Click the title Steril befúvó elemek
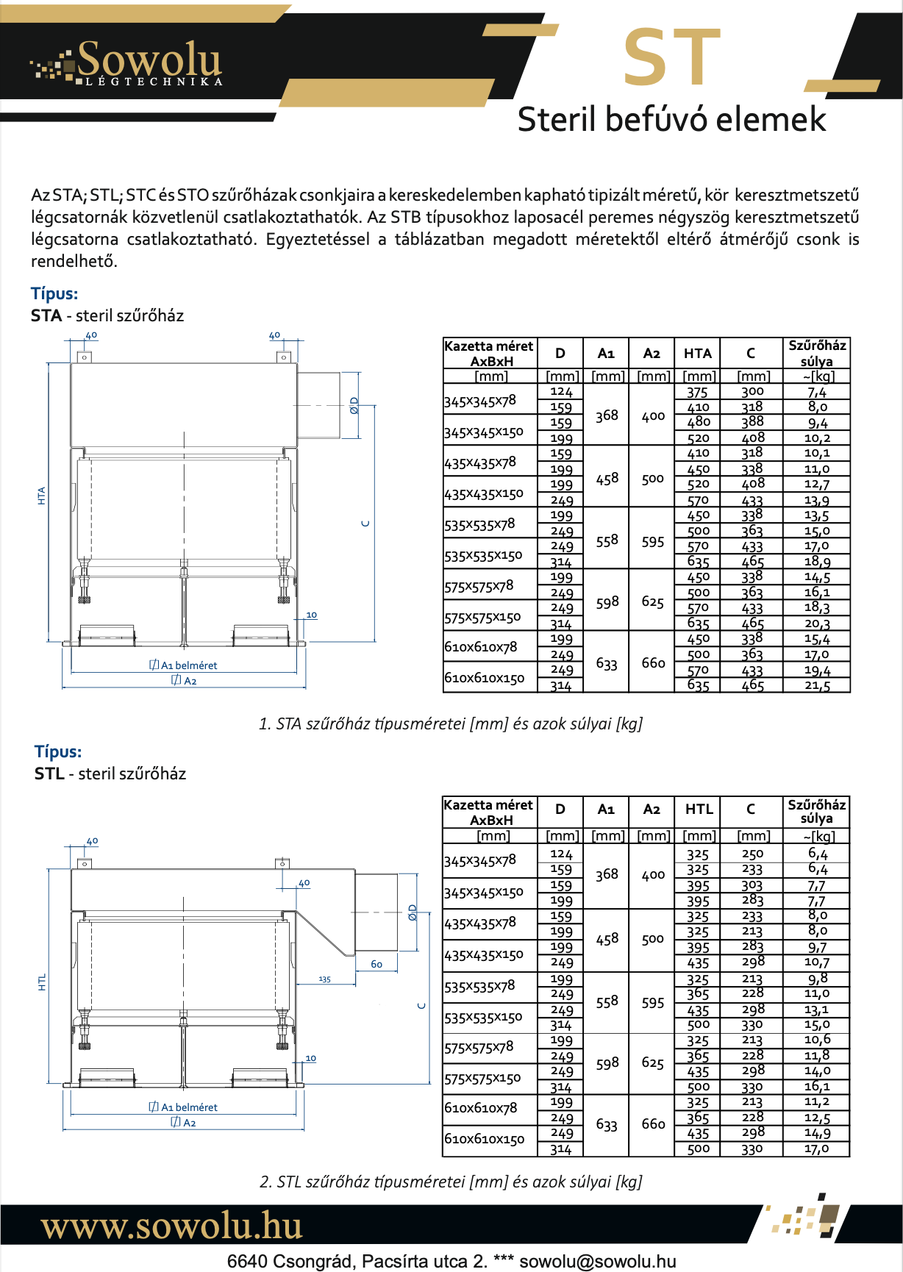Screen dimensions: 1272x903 point(671,119)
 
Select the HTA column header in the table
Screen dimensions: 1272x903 point(697,353)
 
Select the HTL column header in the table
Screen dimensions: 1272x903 point(699,809)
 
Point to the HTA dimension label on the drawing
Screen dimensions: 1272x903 point(42,496)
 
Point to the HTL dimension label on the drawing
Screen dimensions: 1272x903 point(42,982)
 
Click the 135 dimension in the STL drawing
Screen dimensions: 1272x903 point(324,979)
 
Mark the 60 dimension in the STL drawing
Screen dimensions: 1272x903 point(376,964)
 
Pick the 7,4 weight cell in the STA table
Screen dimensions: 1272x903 point(816,392)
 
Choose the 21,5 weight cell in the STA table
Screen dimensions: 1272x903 point(816,685)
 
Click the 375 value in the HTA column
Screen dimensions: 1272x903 point(697,392)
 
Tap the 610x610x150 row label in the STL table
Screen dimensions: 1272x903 point(485,1139)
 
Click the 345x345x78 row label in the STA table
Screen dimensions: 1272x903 point(480,401)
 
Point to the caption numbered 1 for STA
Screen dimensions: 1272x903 point(451,723)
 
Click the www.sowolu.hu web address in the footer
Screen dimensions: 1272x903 point(172,1226)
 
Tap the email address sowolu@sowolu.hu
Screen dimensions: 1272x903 point(597,1261)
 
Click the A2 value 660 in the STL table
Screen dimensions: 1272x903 point(653,1123)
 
